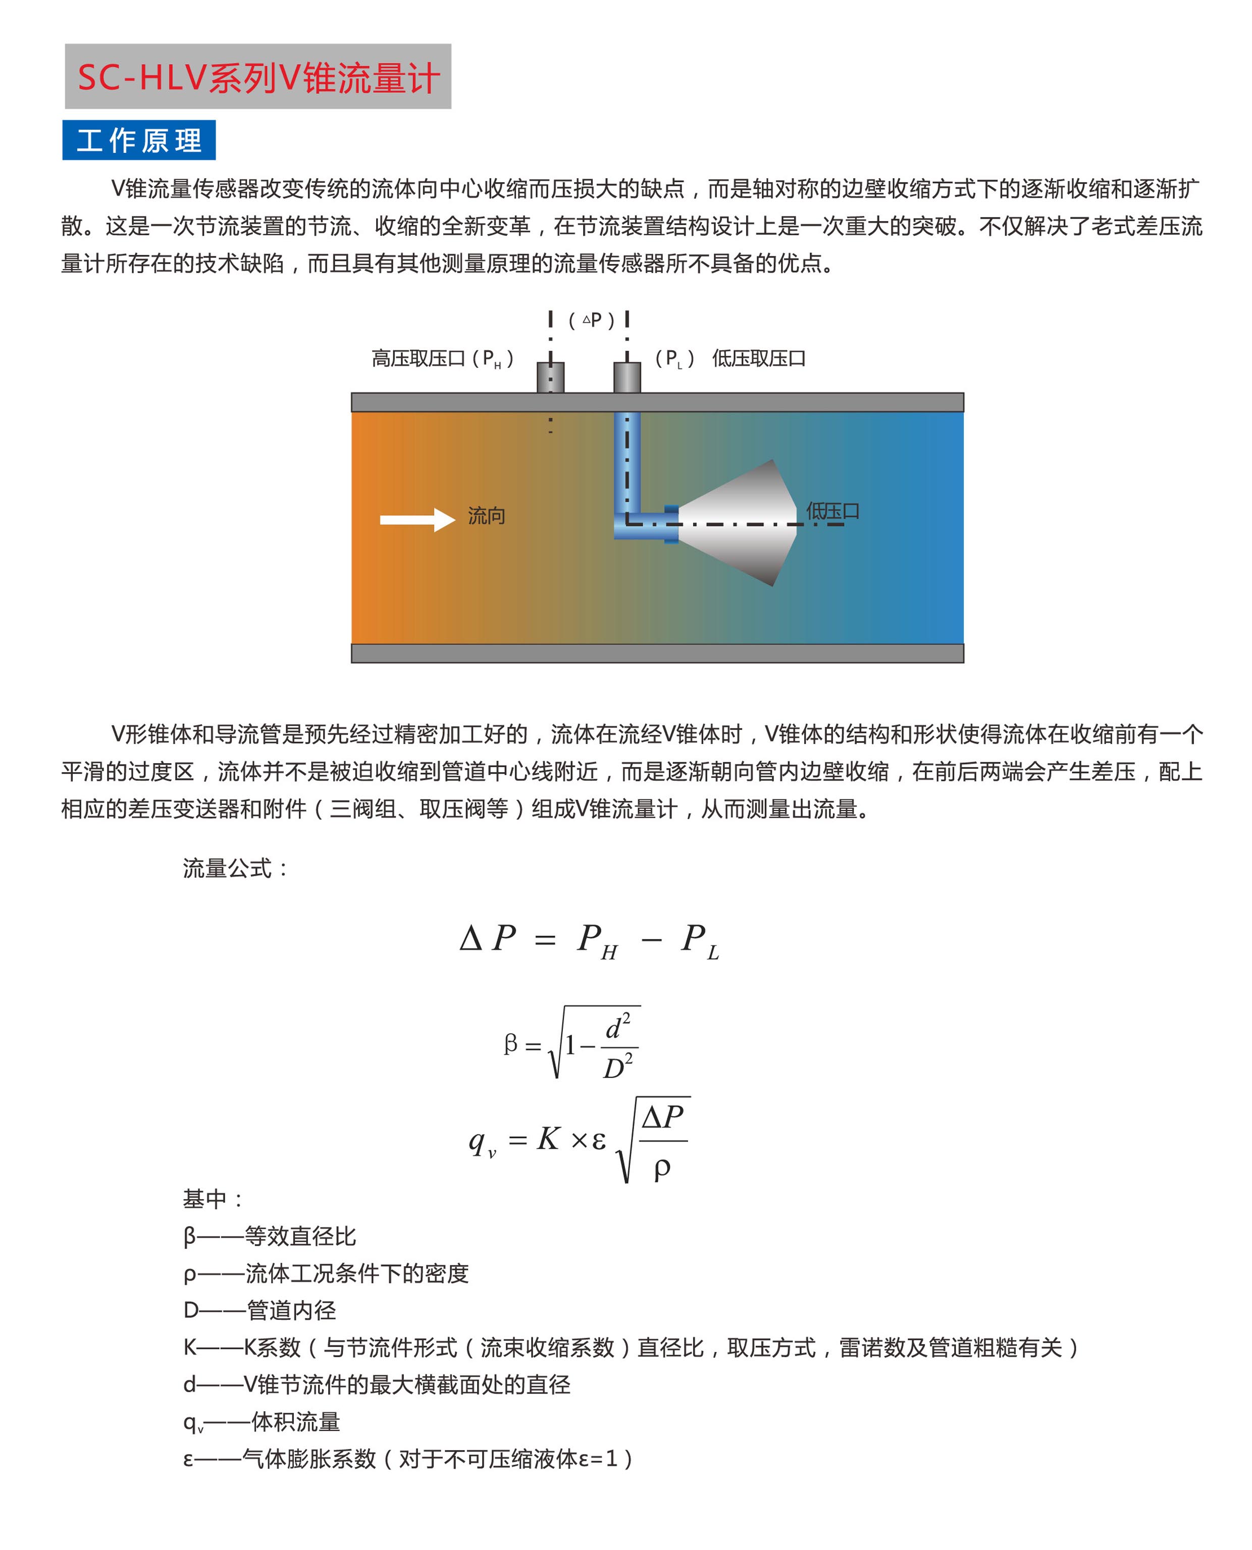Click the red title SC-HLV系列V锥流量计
[x=257, y=77]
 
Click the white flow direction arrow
[x=418, y=519]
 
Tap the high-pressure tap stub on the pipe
[x=550, y=377]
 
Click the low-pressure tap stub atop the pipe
[x=627, y=377]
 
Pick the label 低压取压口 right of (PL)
[x=759, y=358]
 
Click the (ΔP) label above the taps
[x=591, y=319]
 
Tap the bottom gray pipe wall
[x=657, y=653]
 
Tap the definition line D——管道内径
[x=259, y=1310]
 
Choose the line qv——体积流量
[x=261, y=1422]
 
